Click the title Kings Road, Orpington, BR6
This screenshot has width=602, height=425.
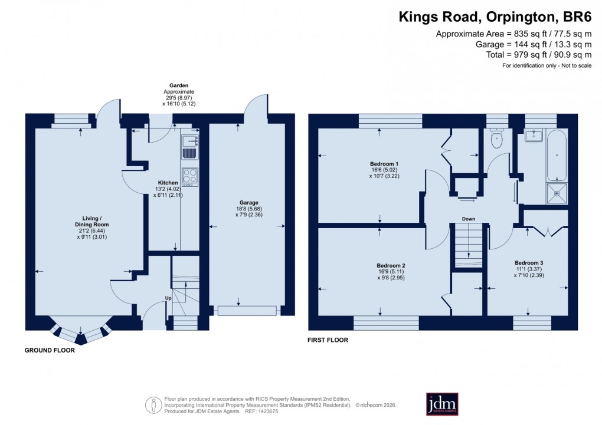pyautogui.click(x=495, y=17)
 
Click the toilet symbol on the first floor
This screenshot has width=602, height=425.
pyautogui.click(x=496, y=140)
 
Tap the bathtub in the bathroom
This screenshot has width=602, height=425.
pyautogui.click(x=557, y=156)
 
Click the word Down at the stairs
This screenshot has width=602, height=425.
pyautogui.click(x=469, y=219)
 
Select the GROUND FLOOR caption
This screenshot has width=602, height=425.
pyautogui.click(x=50, y=350)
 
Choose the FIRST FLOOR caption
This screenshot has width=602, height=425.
pyautogui.click(x=328, y=340)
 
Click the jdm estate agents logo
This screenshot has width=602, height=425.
pyautogui.click(x=442, y=404)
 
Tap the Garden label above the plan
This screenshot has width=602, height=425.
pyautogui.click(x=179, y=85)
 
